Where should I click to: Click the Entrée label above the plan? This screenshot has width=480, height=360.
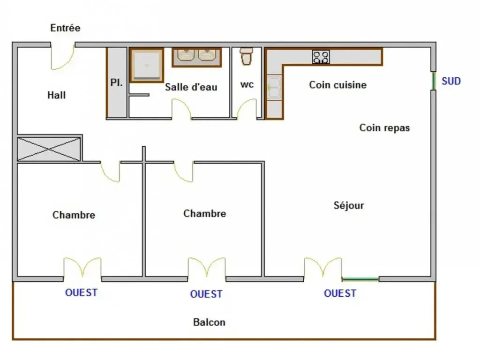click(x=65, y=28)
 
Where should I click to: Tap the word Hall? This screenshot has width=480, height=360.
click(x=56, y=95)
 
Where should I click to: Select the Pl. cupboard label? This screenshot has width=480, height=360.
click(x=116, y=83)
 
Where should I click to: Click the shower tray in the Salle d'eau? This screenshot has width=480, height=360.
click(x=146, y=65)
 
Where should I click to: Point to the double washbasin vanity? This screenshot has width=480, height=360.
click(x=196, y=57)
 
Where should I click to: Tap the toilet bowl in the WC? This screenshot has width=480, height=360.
click(x=247, y=56)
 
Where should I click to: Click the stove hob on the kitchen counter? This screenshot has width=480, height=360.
click(x=321, y=57)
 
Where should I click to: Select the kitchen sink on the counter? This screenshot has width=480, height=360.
click(x=273, y=88)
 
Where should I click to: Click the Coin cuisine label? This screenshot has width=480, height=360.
click(x=337, y=85)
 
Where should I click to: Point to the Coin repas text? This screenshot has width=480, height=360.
click(x=384, y=127)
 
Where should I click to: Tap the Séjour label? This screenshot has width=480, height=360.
click(x=349, y=205)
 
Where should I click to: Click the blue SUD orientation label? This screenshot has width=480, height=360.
click(x=451, y=82)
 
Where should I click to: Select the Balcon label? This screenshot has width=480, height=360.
click(x=209, y=322)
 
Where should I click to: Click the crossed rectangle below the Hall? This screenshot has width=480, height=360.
click(x=49, y=150)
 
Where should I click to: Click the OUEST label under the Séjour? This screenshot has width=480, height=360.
click(x=340, y=293)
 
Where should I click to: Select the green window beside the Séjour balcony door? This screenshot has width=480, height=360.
click(x=360, y=279)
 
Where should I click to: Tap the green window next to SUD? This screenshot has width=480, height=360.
click(x=434, y=81)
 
